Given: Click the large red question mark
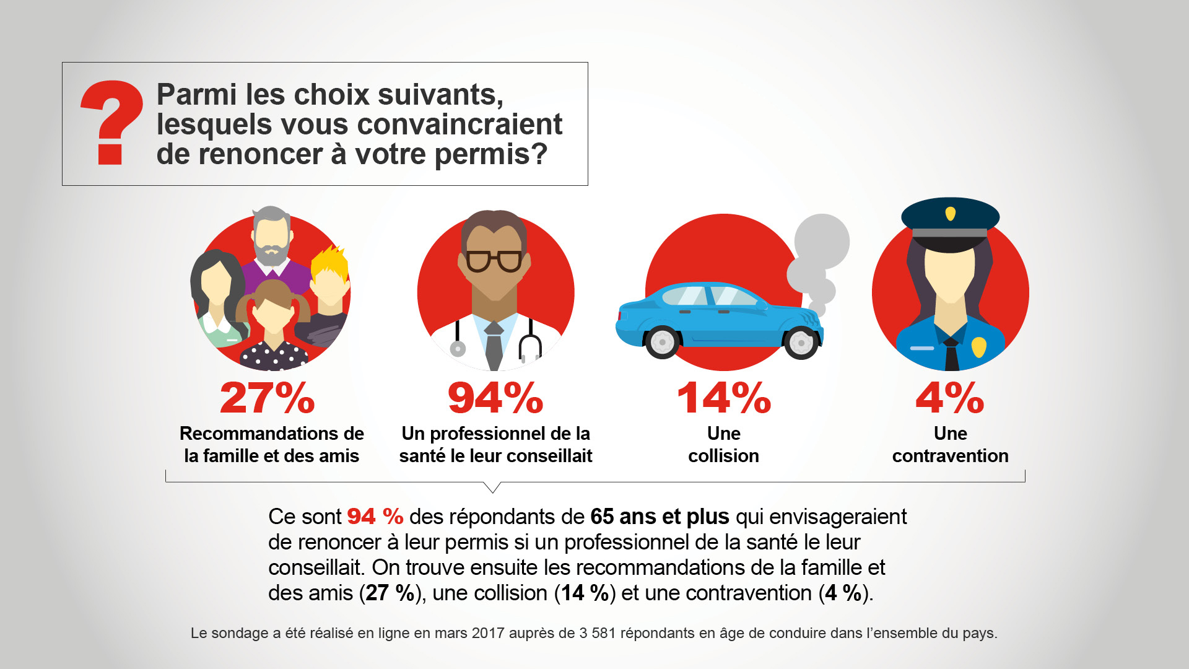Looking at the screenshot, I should [111, 121].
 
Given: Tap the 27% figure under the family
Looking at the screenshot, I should [268, 398].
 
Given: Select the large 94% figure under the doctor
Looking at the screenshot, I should [495, 398].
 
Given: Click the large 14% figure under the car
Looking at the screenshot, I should [723, 398].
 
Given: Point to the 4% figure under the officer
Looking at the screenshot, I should [950, 398].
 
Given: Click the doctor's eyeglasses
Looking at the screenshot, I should [494, 261].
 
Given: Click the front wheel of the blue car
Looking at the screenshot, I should [801, 343].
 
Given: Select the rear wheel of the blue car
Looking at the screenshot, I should [662, 343].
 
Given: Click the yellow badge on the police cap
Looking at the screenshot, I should [951, 214].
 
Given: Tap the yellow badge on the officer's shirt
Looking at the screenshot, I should [978, 347].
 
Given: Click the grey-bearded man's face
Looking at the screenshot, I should [271, 238].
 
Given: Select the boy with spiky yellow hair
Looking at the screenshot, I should [329, 282].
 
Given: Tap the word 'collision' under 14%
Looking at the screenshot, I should [723, 456].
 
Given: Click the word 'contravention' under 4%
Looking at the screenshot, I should [950, 456].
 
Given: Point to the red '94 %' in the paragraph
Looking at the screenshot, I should [375, 517].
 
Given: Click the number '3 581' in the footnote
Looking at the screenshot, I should [597, 633].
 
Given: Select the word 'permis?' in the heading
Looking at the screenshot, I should [490, 154].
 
